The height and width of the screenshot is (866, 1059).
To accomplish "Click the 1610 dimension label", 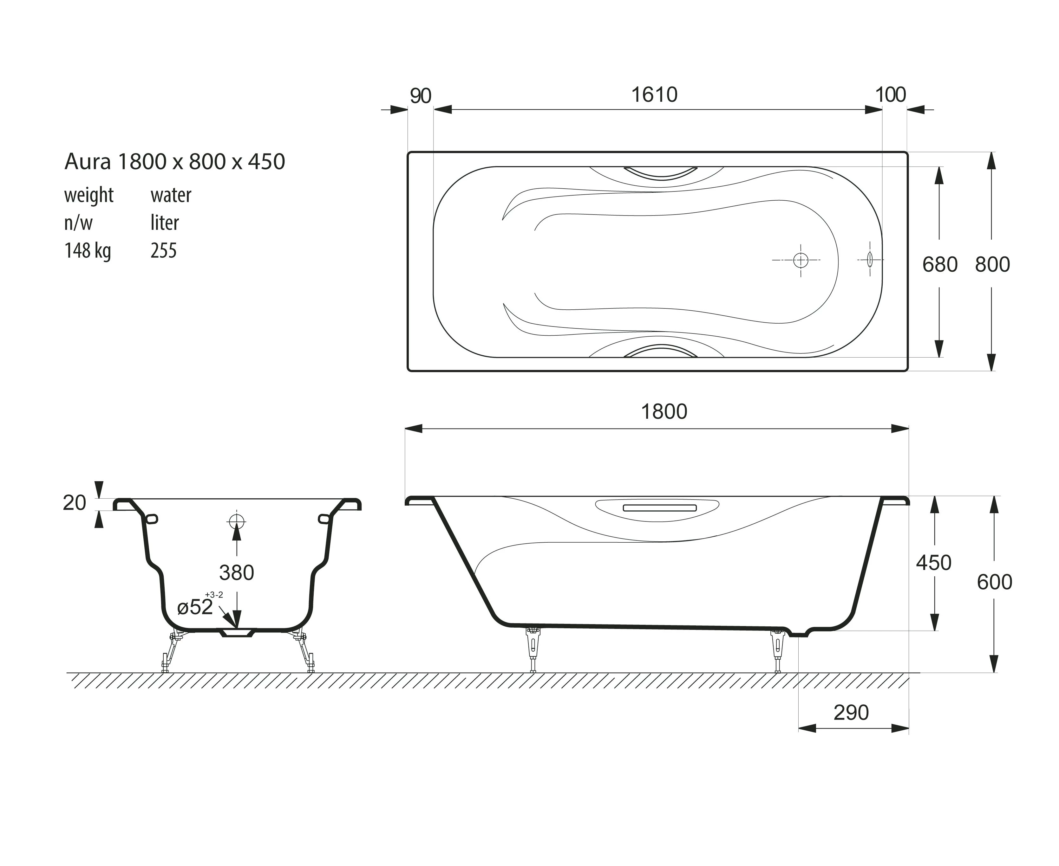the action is coord(654,95).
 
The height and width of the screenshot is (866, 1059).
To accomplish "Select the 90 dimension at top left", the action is coord(420,96).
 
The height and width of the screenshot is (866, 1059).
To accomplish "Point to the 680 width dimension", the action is coord(940,264).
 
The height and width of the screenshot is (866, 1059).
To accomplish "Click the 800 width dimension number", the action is coord(992,264).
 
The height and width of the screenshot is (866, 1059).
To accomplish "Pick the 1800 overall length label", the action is coord(664,411).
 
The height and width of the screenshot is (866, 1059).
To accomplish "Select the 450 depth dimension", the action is coord(933,563).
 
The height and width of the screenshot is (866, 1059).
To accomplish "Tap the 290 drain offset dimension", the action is coord(851,712).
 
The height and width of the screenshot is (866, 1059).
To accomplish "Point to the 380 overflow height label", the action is coord(237,573).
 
